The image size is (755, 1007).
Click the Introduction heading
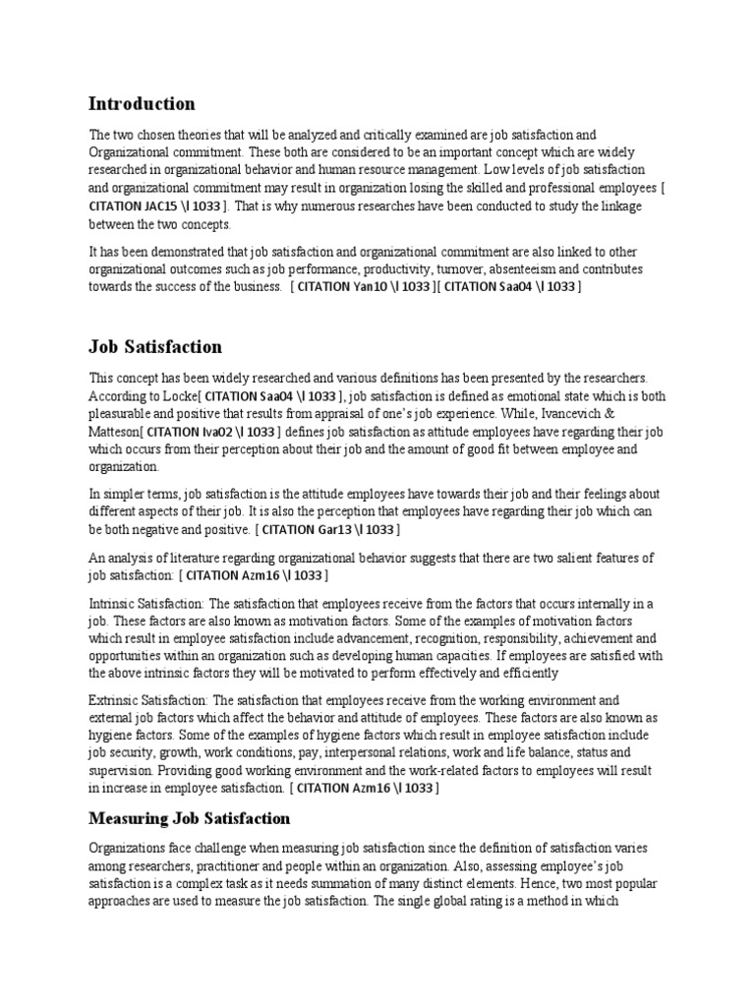142,104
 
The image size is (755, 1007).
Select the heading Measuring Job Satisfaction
190,818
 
